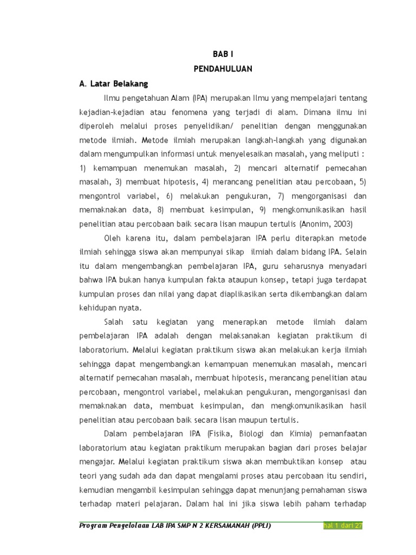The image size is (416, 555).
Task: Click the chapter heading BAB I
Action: point(223,54)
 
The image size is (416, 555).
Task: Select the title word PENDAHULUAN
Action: point(223,69)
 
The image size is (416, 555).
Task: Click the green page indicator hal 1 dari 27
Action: point(342,527)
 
